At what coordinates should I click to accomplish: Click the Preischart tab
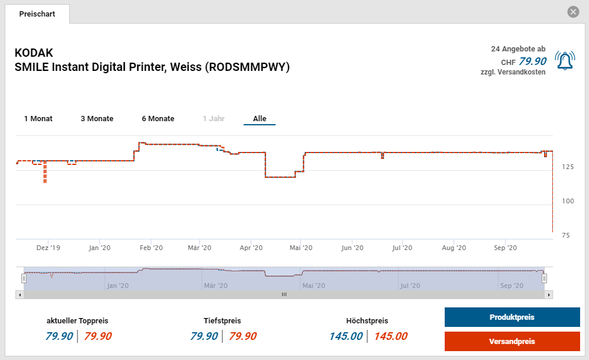(x=37, y=14)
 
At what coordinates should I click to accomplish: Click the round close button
(x=572, y=12)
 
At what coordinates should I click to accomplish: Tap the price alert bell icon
(x=565, y=60)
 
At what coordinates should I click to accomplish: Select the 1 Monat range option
(x=38, y=119)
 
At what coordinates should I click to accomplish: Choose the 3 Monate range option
(x=97, y=119)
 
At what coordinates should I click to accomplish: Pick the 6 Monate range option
(x=158, y=119)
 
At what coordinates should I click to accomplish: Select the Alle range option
(x=260, y=119)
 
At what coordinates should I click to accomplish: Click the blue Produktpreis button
(x=512, y=317)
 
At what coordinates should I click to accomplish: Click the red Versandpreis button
(x=512, y=342)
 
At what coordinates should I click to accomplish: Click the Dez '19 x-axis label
(x=48, y=248)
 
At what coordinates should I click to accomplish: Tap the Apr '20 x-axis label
(x=251, y=248)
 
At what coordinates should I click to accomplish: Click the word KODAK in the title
(x=34, y=53)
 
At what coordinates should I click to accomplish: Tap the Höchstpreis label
(x=367, y=321)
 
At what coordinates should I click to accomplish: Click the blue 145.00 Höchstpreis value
(x=346, y=336)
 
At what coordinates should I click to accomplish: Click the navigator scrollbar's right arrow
(x=549, y=294)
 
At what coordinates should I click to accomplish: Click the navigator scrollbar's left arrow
(x=20, y=294)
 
